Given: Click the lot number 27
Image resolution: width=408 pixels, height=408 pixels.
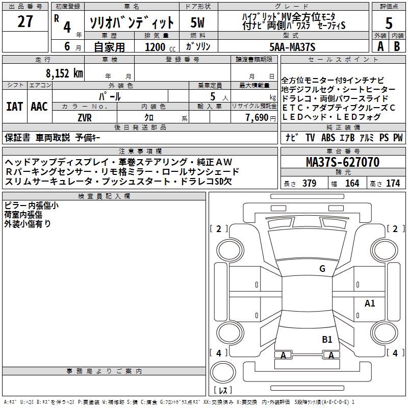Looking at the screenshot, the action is [x=25, y=21].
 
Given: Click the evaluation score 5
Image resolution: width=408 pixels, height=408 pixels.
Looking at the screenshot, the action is [x=389, y=23].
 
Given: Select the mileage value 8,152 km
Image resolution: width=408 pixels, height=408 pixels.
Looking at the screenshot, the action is [x=64, y=73].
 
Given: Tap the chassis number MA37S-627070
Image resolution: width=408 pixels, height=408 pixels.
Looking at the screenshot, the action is [x=343, y=163].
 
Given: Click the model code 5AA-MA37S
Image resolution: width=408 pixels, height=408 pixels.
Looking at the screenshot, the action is [x=292, y=47].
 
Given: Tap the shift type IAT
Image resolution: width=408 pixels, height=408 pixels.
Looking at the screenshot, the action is [x=14, y=107].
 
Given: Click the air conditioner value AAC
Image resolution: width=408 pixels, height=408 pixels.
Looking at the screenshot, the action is [x=39, y=107].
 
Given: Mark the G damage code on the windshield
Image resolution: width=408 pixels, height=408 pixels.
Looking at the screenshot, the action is [x=322, y=269].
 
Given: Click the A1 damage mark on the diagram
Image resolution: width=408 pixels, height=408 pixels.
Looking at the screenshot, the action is [x=369, y=303].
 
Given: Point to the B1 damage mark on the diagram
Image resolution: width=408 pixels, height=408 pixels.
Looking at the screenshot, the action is [x=327, y=339].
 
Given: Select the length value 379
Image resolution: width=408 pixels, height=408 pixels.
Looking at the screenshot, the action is [x=309, y=183].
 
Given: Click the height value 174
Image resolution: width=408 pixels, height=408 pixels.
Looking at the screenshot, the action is [x=393, y=183].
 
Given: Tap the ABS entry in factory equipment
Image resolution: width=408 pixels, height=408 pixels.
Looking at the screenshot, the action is [x=328, y=137].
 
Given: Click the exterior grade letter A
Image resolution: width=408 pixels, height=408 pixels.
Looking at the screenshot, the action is [x=379, y=46].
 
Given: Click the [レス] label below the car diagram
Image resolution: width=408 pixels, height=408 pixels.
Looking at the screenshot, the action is [x=223, y=391].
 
